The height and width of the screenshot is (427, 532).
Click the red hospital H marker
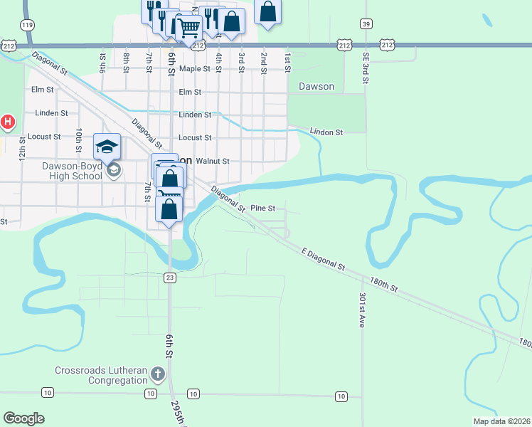pos(8,122)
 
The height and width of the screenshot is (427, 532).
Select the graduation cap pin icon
pos(107,147)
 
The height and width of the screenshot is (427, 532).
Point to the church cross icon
pos(158,374)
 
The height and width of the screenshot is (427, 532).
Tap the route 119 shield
pos(28,25)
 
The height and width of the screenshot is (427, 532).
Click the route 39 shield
pos(366,23)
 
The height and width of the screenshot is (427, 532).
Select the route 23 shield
pos(169,277)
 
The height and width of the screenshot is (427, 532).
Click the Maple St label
pos(195,69)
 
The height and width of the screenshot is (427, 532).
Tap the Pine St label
pos(262,208)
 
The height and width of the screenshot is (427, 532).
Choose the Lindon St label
pos(326,132)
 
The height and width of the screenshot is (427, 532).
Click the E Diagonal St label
pos(322,259)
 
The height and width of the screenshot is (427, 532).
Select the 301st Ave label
pos(362,310)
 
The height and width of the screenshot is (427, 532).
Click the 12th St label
pos(22,147)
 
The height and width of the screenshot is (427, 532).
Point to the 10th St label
pos(79,140)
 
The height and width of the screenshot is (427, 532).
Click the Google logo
pos(23,418)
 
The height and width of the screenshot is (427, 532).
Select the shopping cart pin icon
pos(188,29)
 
